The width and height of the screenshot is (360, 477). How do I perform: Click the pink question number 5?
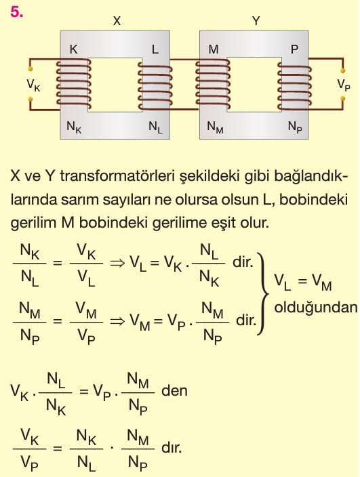coord(17,12)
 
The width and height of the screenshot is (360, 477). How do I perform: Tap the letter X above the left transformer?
coord(117,21)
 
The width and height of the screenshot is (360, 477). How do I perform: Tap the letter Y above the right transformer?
coord(256,21)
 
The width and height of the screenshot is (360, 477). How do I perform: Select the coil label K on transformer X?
coord(74,49)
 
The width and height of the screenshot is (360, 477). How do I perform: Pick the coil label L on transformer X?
coord(155,49)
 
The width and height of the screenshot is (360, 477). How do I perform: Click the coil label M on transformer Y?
coord(214,49)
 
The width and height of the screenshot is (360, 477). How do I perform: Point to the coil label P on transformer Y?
coord(294,49)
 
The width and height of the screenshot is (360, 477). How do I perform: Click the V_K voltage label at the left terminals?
coord(33,85)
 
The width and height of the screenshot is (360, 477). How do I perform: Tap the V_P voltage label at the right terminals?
coord(344,85)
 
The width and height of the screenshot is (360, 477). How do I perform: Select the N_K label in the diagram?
coord(74,127)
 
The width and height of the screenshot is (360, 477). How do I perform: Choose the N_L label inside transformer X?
coord(155,127)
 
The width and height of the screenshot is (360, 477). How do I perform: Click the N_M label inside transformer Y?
coord(215,127)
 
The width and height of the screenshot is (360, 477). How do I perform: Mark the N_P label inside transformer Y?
coord(295,127)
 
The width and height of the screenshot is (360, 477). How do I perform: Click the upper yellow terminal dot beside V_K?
coord(30,69)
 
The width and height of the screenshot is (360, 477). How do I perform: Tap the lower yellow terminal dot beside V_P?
coord(342,98)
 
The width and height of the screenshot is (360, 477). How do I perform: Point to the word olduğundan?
coord(316,308)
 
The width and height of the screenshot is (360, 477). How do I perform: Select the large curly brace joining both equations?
coord(262,293)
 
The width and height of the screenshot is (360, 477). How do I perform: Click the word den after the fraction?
coord(174,390)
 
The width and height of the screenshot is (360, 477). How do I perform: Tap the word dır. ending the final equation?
coord(172,447)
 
